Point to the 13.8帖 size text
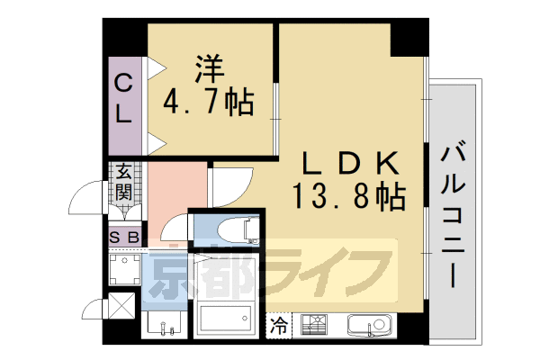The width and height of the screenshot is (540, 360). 347,193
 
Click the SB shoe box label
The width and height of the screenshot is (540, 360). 123,237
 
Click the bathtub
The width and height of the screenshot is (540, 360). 226,319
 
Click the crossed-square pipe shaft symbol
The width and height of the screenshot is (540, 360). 121,307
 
